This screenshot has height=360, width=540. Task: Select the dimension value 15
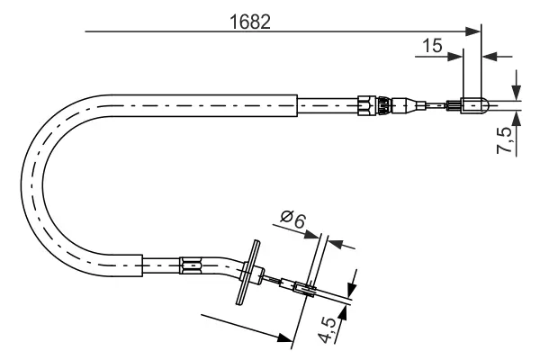click(432, 45)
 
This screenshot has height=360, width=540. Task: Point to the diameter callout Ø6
click(293, 219)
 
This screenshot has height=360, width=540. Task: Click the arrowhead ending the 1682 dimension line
click(475, 32)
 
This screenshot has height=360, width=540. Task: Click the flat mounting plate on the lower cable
click(249, 273)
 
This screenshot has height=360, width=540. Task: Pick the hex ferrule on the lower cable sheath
click(191, 265)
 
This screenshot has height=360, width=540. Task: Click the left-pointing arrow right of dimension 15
click(490, 57)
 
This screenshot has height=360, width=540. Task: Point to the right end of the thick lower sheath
click(143, 265)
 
